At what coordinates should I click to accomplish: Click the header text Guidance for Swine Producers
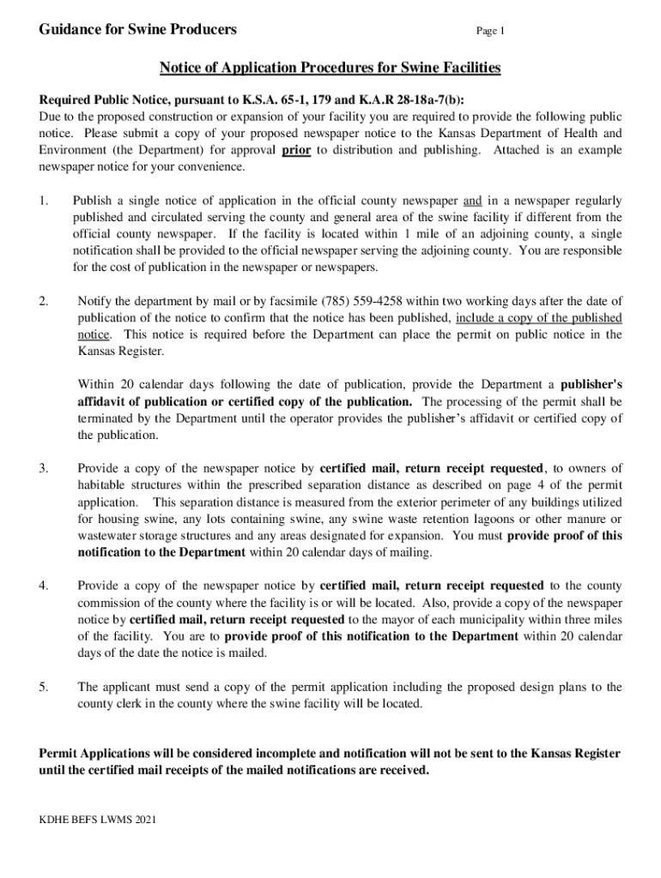(x=138, y=30)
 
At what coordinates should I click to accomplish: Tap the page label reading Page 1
(x=491, y=32)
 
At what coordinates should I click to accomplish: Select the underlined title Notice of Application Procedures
(x=330, y=68)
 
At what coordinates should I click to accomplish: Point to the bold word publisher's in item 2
(x=592, y=384)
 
